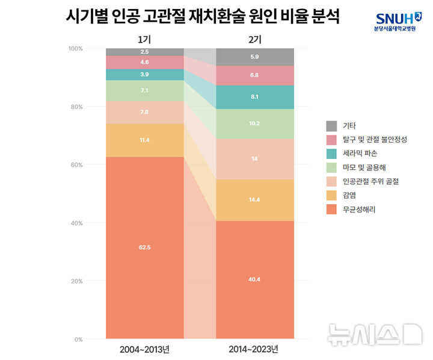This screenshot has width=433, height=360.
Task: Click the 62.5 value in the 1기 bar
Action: [144, 247]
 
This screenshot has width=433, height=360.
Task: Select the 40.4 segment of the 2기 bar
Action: [254, 279]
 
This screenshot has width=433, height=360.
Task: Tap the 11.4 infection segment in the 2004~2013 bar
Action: [144, 140]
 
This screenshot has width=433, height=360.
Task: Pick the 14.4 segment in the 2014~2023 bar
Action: [254, 199]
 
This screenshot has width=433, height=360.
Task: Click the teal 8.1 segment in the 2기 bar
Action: [254, 97]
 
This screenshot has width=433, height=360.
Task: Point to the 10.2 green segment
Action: [254, 124]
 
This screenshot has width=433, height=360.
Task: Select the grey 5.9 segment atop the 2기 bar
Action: [254, 57]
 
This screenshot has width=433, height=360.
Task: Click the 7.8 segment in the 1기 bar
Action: [144, 112]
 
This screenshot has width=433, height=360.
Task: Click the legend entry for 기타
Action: [349, 126]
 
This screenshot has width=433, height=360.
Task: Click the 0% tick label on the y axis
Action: [77, 340]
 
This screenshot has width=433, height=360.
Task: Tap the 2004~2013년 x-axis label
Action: [144, 349]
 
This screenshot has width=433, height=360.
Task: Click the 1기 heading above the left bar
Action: [144, 40]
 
